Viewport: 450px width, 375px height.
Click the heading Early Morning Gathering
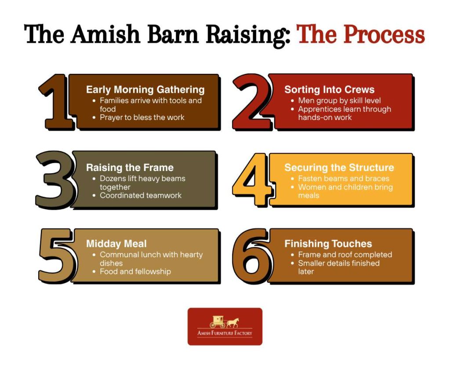[x=145, y=90]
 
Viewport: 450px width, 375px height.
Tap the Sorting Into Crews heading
[x=329, y=90]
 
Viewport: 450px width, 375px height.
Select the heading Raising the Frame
[x=130, y=167]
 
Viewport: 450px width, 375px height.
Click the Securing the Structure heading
[x=339, y=167]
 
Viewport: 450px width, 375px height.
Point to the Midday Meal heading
[x=116, y=244]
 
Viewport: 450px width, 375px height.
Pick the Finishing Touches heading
[x=328, y=244]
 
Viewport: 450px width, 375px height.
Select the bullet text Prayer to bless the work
[x=142, y=117]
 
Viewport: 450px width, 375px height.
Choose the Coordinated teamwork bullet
[x=141, y=195]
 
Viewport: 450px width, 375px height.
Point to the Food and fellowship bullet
[x=135, y=272]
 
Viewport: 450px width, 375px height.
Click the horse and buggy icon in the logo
[x=224, y=322]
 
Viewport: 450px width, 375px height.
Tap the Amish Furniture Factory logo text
[x=225, y=333]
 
